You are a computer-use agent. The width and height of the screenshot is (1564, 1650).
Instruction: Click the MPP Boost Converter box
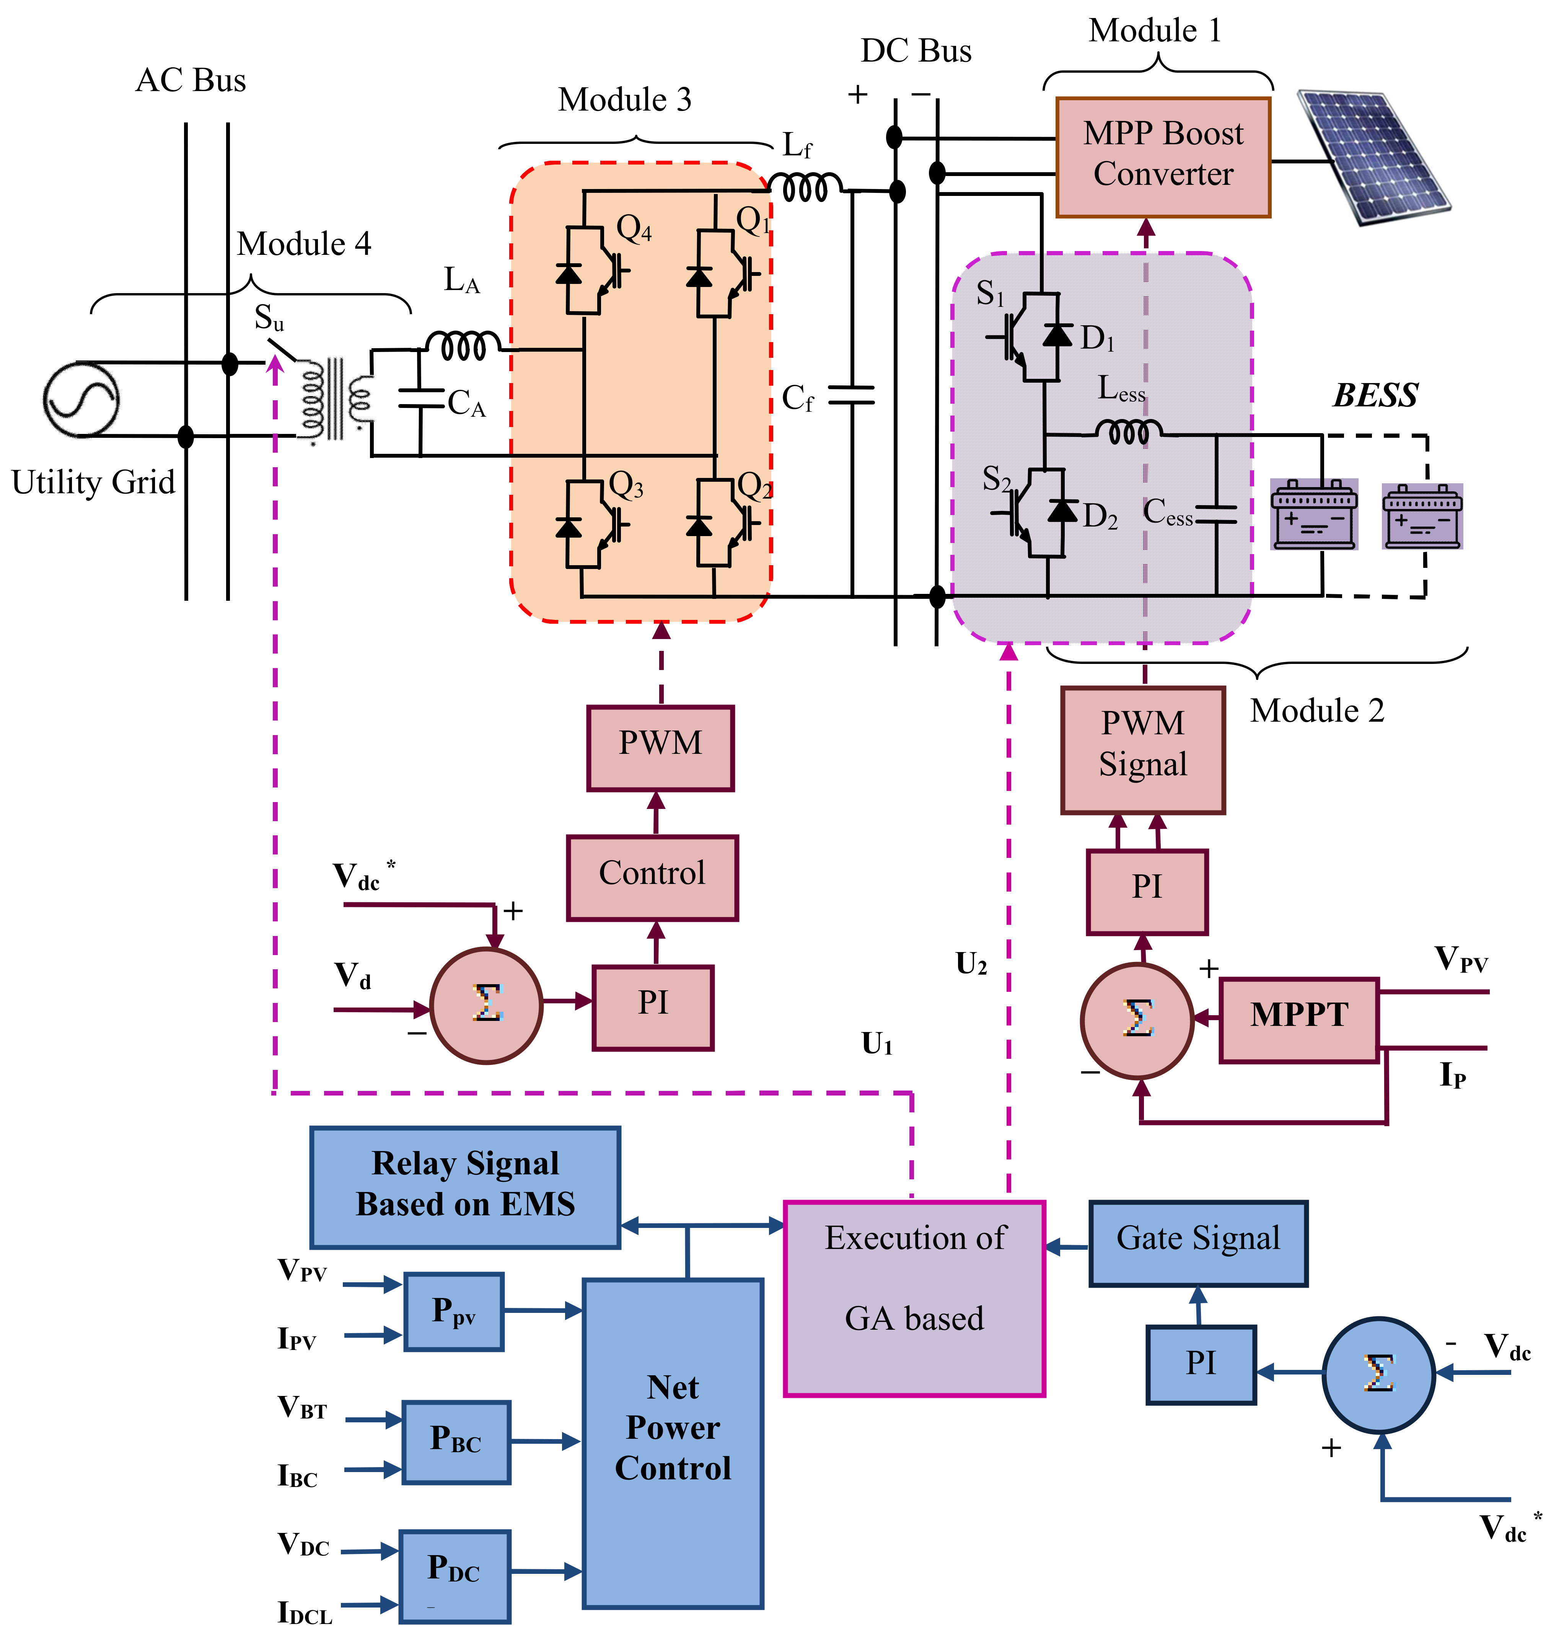[x=1163, y=157]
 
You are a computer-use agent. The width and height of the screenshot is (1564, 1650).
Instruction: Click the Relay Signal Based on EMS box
[x=465, y=1187]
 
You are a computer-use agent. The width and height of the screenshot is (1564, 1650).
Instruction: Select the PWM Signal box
[x=1143, y=750]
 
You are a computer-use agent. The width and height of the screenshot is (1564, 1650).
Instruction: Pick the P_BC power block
[x=456, y=1441]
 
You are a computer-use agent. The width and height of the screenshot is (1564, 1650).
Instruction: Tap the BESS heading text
[x=1376, y=395]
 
